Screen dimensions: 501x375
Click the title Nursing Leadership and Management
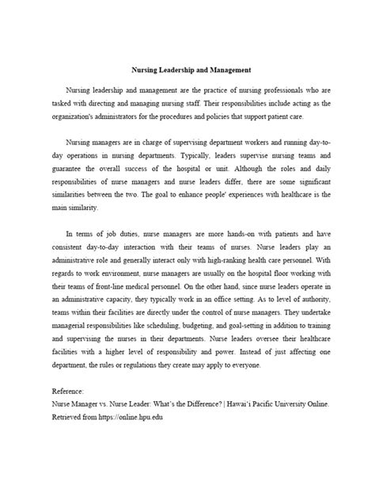coord(186,70)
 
